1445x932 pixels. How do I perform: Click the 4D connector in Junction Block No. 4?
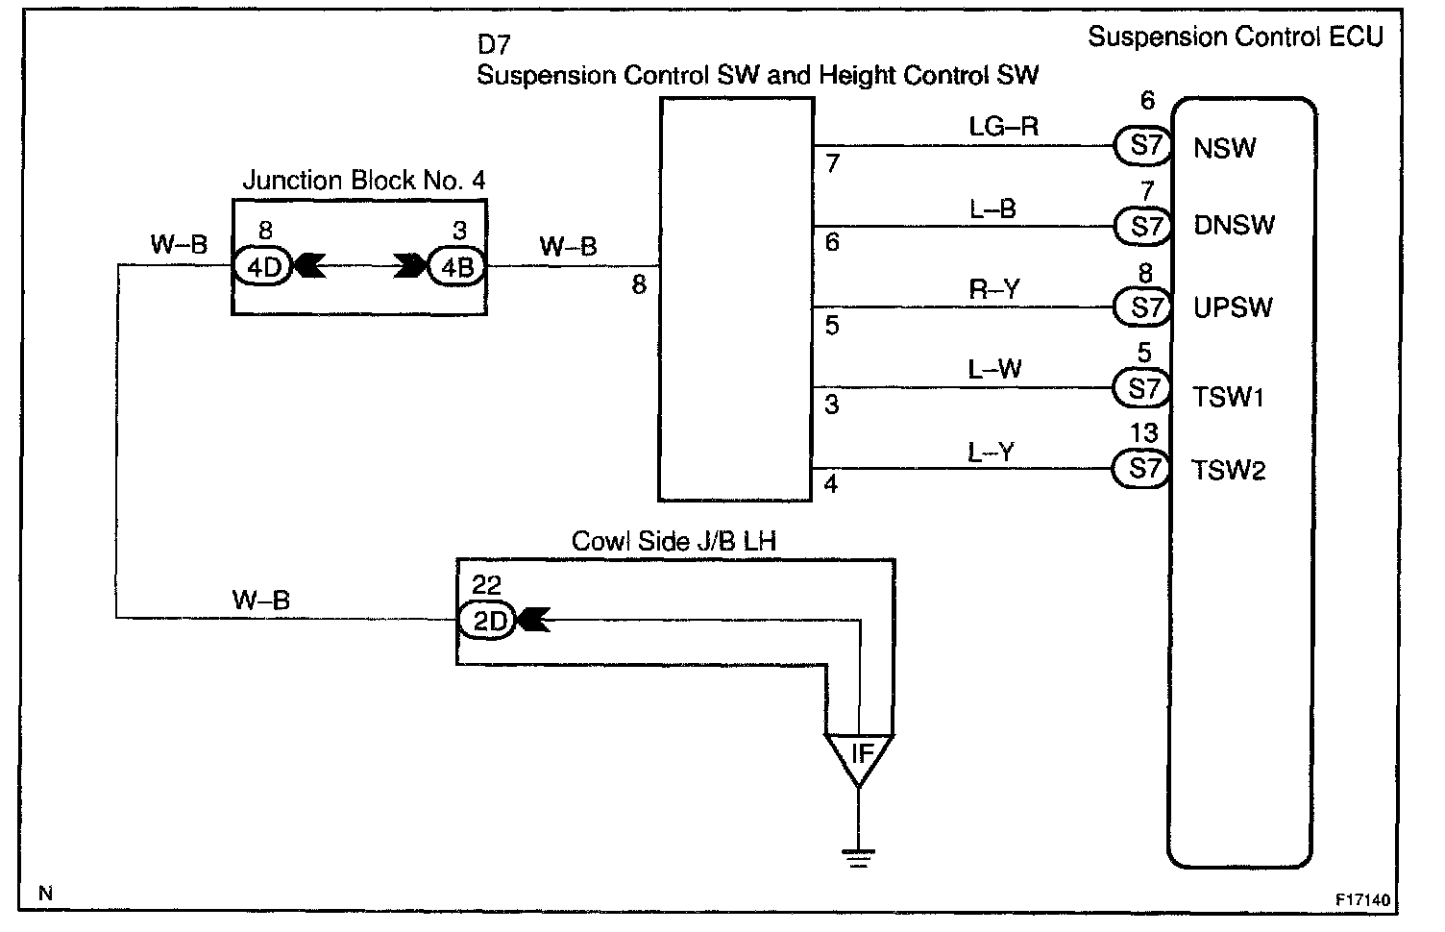coord(262,267)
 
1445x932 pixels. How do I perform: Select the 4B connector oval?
coord(456,267)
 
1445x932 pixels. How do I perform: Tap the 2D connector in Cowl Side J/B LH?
coord(488,622)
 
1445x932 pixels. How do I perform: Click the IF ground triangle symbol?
coord(860,755)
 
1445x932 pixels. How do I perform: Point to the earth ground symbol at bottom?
coord(859,858)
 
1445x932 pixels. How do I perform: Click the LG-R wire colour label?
coord(1003,127)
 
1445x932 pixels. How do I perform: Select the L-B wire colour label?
coord(992,208)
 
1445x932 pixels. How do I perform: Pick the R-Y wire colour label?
coord(993,289)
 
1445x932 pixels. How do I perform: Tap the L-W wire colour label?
coord(994,369)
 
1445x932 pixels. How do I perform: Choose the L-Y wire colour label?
coord(991,452)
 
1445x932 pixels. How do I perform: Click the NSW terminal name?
coord(1224,148)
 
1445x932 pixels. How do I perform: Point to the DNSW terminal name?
coord(1234,226)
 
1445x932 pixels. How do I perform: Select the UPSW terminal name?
coord(1233,307)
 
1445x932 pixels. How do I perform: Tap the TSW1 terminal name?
coord(1229,396)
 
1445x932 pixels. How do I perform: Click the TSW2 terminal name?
coord(1229,470)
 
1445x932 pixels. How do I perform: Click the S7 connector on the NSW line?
coord(1144,146)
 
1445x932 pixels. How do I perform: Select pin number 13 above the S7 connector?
coord(1143,433)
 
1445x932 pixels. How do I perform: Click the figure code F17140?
coord(1361,901)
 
